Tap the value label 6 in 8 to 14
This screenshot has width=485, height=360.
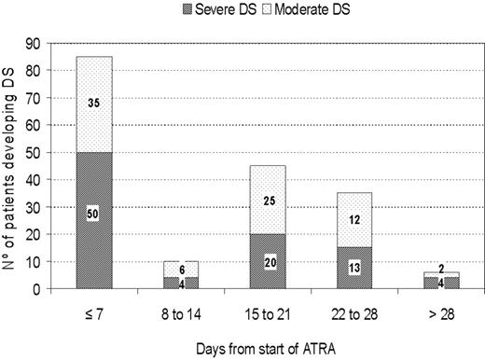click(x=181, y=269)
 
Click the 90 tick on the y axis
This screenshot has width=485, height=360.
click(x=35, y=43)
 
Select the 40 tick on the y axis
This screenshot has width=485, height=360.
click(x=35, y=179)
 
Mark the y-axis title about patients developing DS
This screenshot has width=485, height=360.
click(x=11, y=168)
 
